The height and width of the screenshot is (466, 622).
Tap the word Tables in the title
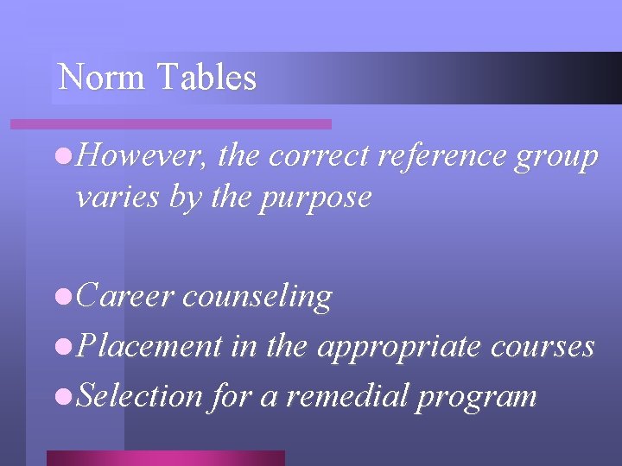206,78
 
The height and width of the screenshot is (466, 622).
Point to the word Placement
149,346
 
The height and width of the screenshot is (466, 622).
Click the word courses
543,347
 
